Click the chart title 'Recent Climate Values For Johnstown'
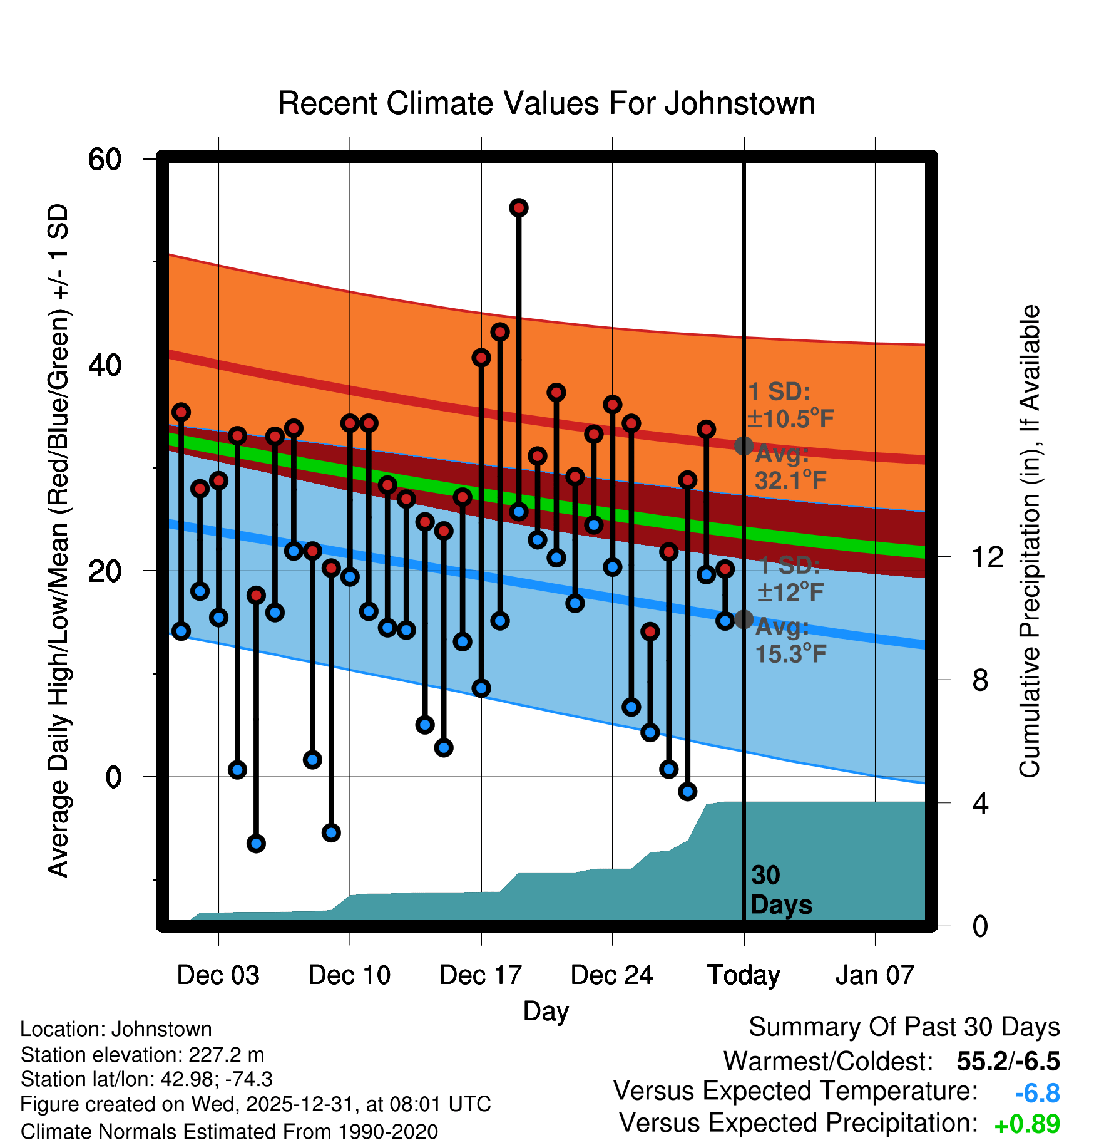pyautogui.click(x=546, y=103)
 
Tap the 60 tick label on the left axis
pyautogui.click(x=105, y=159)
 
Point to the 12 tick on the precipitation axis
pyautogui.click(x=988, y=556)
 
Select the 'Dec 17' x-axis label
pyautogui.click(x=481, y=975)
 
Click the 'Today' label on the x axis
pyautogui.click(x=744, y=975)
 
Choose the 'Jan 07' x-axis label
pyautogui.click(x=875, y=975)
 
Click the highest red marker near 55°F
pyautogui.click(x=519, y=208)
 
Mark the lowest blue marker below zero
pyautogui.click(x=256, y=844)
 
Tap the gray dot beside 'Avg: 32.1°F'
pyautogui.click(x=744, y=446)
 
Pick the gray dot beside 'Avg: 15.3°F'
pyautogui.click(x=744, y=619)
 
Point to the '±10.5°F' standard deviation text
pyautogui.click(x=790, y=418)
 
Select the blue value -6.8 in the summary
pyautogui.click(x=1037, y=1094)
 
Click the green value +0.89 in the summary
pyautogui.click(x=1027, y=1124)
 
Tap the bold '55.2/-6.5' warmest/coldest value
pyautogui.click(x=1008, y=1061)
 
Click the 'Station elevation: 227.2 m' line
pyautogui.click(x=142, y=1055)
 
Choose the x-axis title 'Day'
pyautogui.click(x=546, y=1011)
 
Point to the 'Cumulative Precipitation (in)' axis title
pyautogui.click(x=1030, y=541)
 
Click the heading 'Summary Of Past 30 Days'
pyautogui.click(x=904, y=1027)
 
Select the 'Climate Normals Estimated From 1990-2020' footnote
pyautogui.click(x=229, y=1132)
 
